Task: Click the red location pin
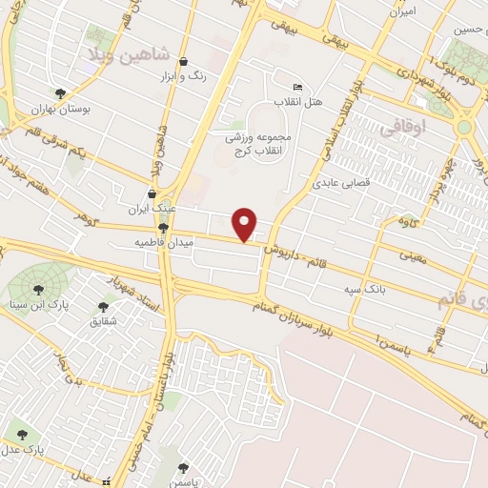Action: pyautogui.click(x=246, y=224)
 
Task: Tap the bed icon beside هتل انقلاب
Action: pyautogui.click(x=298, y=88)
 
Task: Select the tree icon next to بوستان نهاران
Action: pyautogui.click(x=61, y=93)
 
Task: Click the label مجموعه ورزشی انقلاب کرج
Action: pyautogui.click(x=264, y=143)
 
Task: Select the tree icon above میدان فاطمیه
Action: pyautogui.click(x=164, y=229)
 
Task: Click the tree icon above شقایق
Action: pyautogui.click(x=103, y=307)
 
